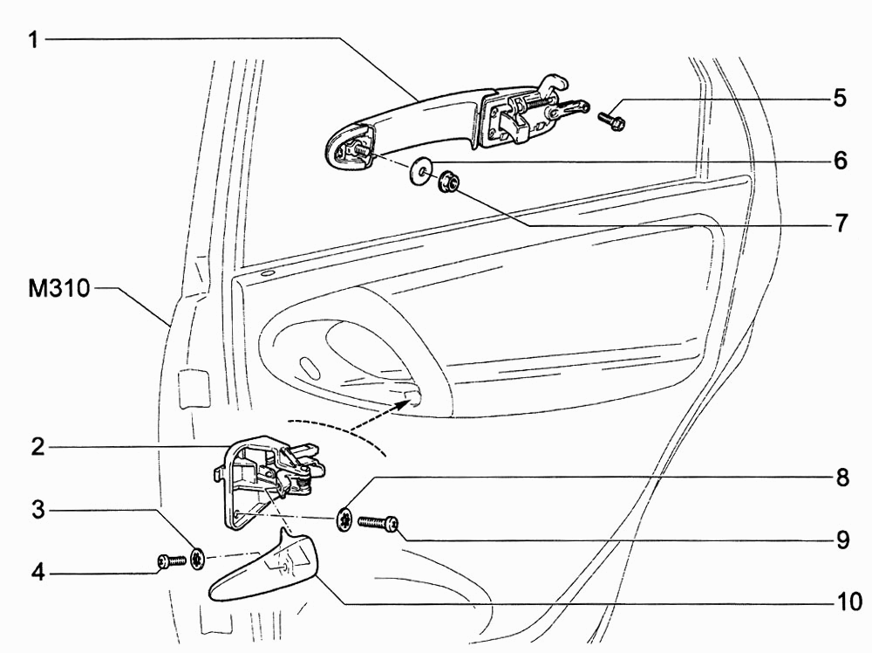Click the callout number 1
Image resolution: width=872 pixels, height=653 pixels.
(x=34, y=40)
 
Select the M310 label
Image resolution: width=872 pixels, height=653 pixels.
(x=59, y=289)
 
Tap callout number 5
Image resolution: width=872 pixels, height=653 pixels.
(x=840, y=98)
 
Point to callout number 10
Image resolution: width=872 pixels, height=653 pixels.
(x=849, y=601)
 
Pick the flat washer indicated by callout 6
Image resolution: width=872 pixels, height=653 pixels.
(x=421, y=168)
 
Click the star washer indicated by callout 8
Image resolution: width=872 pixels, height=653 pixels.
(x=346, y=520)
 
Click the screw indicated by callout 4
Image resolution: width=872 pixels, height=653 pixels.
(x=171, y=562)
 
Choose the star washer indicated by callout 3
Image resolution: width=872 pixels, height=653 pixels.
(x=197, y=559)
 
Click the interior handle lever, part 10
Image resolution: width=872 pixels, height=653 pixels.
(x=262, y=567)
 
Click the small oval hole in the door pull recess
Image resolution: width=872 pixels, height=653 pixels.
(x=310, y=368)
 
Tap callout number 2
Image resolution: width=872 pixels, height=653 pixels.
(x=37, y=447)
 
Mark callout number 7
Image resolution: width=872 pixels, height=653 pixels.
(x=841, y=223)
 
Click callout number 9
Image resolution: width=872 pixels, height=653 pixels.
(x=842, y=540)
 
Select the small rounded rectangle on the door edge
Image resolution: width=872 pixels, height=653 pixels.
(x=193, y=388)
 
